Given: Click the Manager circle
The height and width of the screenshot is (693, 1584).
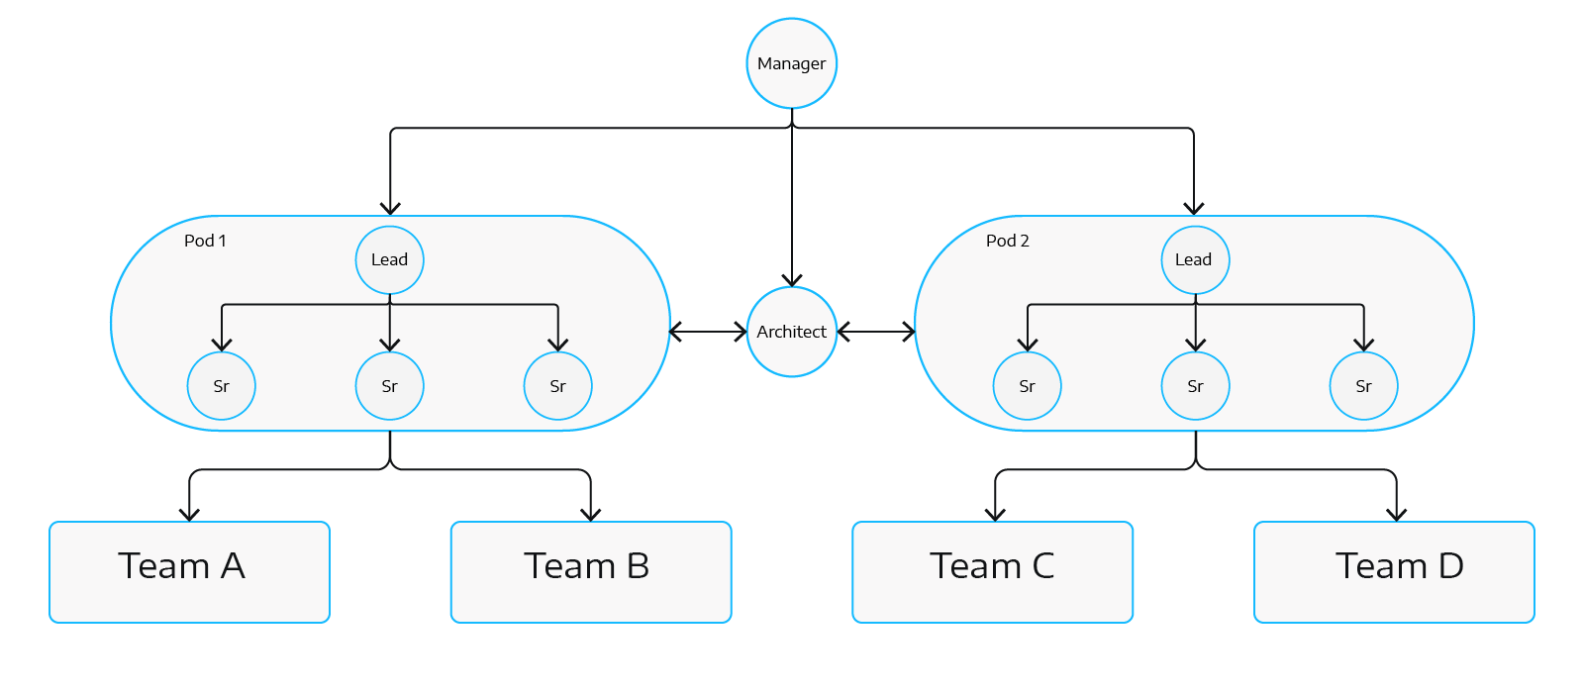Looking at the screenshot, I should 791,63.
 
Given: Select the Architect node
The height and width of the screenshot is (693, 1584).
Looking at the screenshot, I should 791,332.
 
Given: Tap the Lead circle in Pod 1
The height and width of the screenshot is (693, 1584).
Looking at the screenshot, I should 389,259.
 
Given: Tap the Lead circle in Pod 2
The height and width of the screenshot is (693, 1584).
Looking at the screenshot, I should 1194,259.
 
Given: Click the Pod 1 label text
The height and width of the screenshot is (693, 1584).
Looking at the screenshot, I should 205,241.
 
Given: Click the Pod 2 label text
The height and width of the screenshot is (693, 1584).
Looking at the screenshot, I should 1007,241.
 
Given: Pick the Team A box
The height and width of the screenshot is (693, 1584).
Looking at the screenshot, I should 189,571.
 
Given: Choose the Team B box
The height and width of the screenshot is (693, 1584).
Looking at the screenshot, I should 590,571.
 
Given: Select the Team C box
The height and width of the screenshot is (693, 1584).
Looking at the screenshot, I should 992,571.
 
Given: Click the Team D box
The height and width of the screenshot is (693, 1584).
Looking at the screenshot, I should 1394,571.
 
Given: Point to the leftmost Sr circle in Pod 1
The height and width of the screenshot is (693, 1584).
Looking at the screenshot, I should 222,386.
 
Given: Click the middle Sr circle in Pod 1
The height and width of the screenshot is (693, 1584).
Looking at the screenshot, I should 389,386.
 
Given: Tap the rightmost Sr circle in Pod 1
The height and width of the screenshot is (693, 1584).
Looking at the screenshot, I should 557,386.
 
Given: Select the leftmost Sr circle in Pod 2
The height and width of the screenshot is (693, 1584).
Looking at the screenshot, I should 1027,386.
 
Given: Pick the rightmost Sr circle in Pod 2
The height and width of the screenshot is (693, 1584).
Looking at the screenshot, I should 1363,386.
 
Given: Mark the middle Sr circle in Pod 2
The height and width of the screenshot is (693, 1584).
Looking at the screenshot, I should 1195,386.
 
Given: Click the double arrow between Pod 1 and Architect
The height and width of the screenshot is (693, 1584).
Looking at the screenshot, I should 709,332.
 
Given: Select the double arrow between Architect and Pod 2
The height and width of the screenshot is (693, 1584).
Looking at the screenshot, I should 876,332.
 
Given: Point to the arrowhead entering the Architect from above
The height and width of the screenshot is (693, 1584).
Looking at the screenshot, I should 791,279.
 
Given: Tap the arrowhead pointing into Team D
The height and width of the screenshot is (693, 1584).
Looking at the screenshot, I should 1396,513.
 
